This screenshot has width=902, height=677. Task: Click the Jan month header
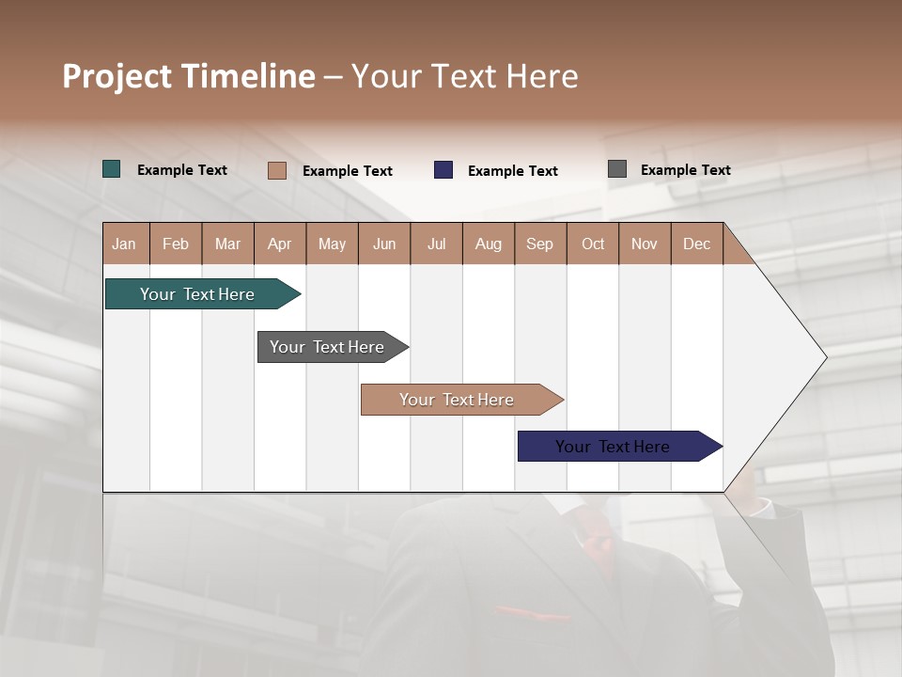pyautogui.click(x=124, y=244)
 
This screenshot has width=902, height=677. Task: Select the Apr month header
pyautogui.click(x=279, y=244)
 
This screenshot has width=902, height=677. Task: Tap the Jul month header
pyautogui.click(x=436, y=244)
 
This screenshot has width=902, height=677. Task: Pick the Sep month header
pyautogui.click(x=539, y=244)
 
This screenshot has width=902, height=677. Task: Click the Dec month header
pyautogui.click(x=696, y=244)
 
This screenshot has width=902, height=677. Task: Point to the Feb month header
pyautogui.click(x=176, y=244)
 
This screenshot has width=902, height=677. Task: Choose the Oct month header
pyautogui.click(x=593, y=244)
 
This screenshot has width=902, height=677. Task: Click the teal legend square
pyautogui.click(x=112, y=169)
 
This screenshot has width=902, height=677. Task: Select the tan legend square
pyautogui.click(x=277, y=170)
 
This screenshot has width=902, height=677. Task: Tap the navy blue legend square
pyautogui.click(x=443, y=170)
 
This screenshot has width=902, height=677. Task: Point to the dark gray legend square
pyautogui.click(x=617, y=169)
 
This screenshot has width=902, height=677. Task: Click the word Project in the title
pyautogui.click(x=116, y=76)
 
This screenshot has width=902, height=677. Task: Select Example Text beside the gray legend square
pyautogui.click(x=685, y=170)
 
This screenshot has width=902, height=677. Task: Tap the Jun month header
pyautogui.click(x=384, y=244)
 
